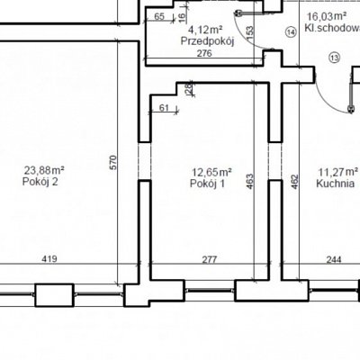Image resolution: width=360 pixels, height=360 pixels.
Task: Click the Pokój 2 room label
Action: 40,182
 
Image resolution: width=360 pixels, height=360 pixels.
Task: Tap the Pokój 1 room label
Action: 207,184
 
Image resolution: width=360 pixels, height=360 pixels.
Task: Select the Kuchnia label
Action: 335,184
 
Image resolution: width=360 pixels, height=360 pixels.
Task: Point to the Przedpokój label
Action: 207,41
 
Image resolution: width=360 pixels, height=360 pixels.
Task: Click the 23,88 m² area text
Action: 44,170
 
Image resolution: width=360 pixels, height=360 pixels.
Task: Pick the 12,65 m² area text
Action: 211,172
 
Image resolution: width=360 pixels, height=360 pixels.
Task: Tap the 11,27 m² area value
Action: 338,172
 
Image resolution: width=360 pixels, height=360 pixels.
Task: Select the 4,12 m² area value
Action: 205,30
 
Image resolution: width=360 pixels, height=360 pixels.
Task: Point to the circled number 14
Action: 291,31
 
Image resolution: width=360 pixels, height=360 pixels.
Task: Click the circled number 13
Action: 335,57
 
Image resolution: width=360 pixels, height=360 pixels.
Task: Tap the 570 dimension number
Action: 113,163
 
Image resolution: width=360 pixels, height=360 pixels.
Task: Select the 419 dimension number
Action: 49,258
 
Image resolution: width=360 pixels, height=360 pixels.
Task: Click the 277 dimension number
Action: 209,259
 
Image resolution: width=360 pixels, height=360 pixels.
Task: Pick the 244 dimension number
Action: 334,259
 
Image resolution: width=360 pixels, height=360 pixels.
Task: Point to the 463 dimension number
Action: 249,182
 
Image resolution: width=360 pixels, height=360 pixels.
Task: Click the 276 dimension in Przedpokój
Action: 204,53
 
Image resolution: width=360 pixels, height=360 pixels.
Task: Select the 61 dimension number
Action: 164,108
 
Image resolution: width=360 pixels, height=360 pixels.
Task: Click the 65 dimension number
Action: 159,17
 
